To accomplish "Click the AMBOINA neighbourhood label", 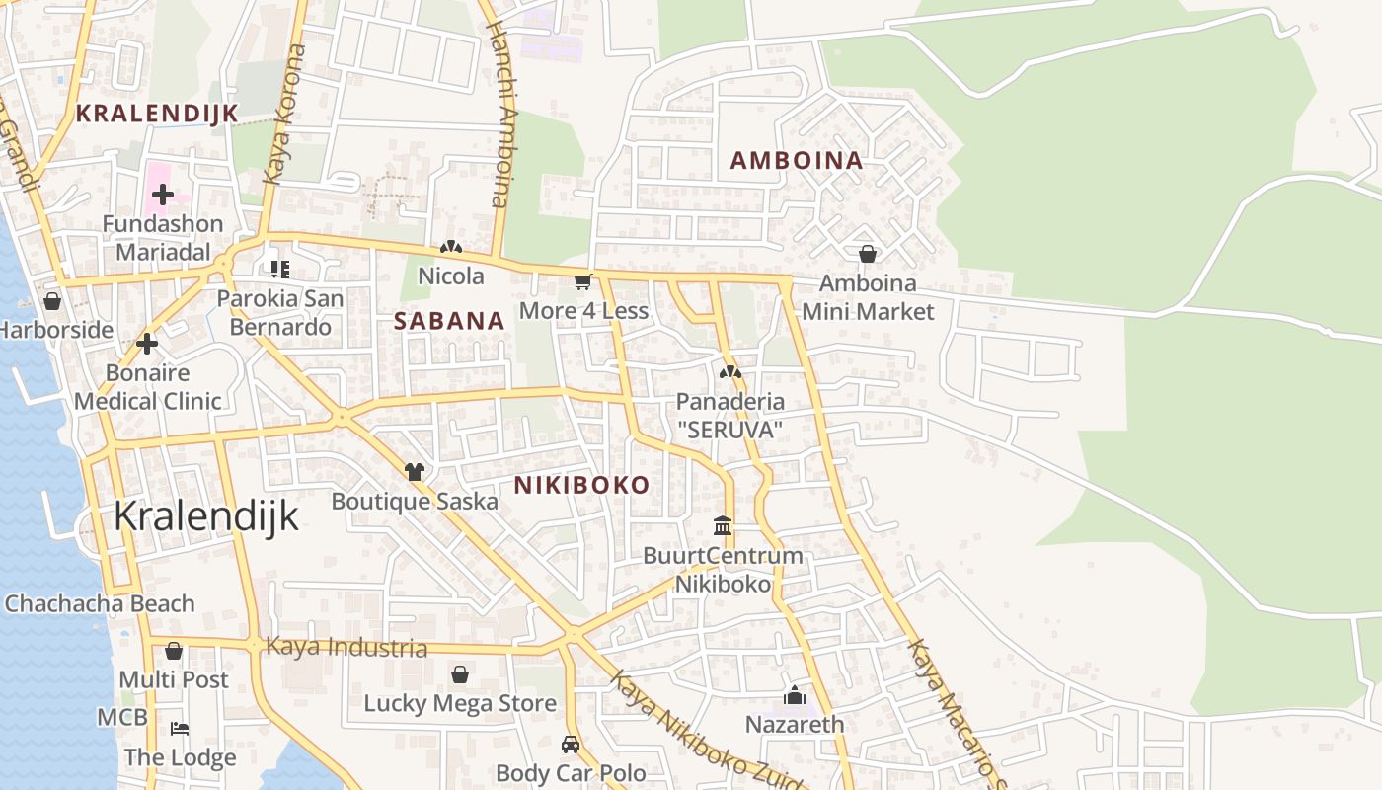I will coord(796,160).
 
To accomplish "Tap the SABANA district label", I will coord(449,321).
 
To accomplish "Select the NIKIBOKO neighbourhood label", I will coord(581,485).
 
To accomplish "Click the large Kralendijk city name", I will coord(205,516).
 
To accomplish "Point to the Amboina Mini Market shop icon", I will coord(867,255).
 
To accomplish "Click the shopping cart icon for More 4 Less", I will coord(582,283).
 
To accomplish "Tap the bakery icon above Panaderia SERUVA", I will coord(729,373).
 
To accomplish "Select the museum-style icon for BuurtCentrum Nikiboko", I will coord(723,525).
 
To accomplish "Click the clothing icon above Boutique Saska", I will coord(414,472).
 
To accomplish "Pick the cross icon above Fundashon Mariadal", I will coord(163,196).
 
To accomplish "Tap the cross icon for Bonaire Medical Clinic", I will coord(147,344).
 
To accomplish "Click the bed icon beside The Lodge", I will coord(180,729).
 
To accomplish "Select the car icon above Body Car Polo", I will coord(570,744).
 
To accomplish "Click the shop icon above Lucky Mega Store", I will coord(459,675).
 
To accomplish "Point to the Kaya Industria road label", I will coord(346,648).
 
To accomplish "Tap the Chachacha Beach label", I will coord(100,603).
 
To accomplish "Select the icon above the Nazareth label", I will coord(794,696).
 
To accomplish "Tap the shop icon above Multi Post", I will coord(174,652).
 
